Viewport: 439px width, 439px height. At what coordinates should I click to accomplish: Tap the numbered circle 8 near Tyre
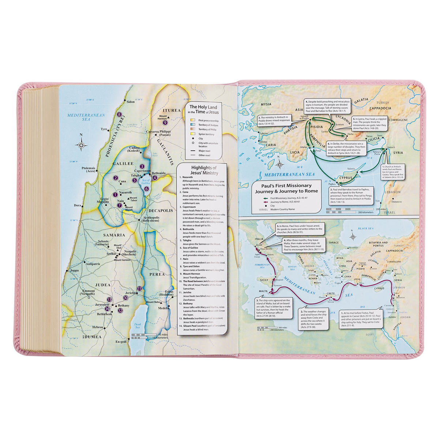119,115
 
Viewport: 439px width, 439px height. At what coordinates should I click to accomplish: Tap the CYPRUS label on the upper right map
346,178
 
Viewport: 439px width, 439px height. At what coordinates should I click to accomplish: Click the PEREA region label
157,273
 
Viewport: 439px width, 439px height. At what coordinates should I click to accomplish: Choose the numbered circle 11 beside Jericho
139,289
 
